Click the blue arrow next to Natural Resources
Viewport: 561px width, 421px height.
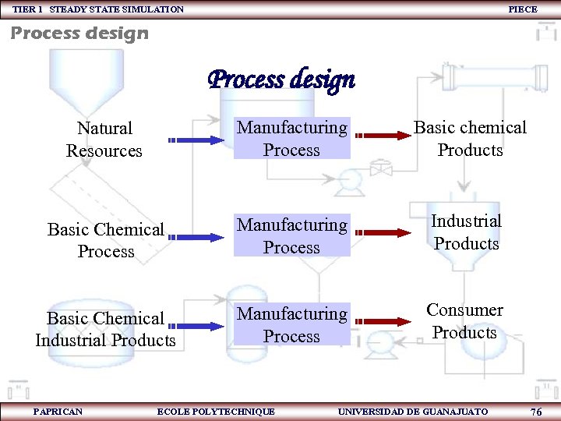pyautogui.click(x=195, y=140)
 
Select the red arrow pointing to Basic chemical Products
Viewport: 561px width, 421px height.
pyautogui.click(x=382, y=135)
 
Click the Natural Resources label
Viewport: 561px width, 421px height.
pyautogui.click(x=104, y=140)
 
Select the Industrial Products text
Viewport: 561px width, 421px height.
pyautogui.click(x=467, y=232)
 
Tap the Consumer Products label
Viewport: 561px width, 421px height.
pyautogui.click(x=464, y=321)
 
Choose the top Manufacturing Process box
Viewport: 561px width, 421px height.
pyautogui.click(x=292, y=138)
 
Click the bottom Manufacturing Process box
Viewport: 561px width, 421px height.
pyautogui.click(x=292, y=325)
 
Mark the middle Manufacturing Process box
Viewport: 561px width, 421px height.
pyautogui.click(x=292, y=235)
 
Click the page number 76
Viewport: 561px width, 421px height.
pyautogui.click(x=535, y=412)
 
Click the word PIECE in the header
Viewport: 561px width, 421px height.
pyautogui.click(x=522, y=9)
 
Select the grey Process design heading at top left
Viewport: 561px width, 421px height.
pyautogui.click(x=79, y=34)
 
